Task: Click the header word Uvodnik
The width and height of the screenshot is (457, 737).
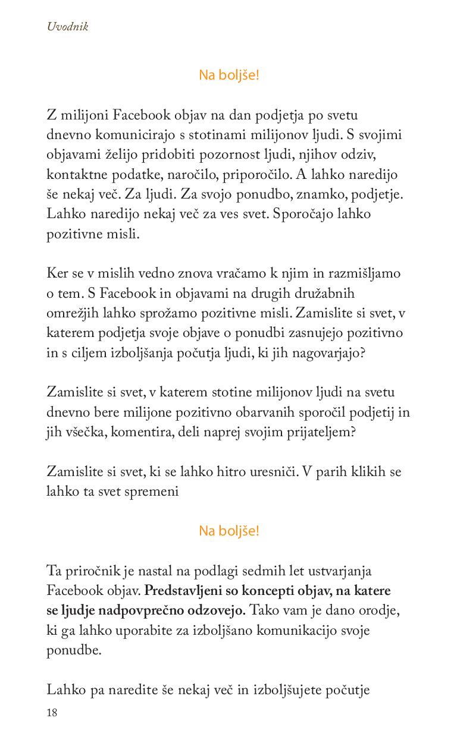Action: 68,27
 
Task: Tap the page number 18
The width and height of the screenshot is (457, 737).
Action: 52,713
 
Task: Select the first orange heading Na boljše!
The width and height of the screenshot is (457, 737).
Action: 229,75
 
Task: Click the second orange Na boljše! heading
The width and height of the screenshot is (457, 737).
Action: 229,531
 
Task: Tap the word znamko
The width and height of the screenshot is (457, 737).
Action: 312,194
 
